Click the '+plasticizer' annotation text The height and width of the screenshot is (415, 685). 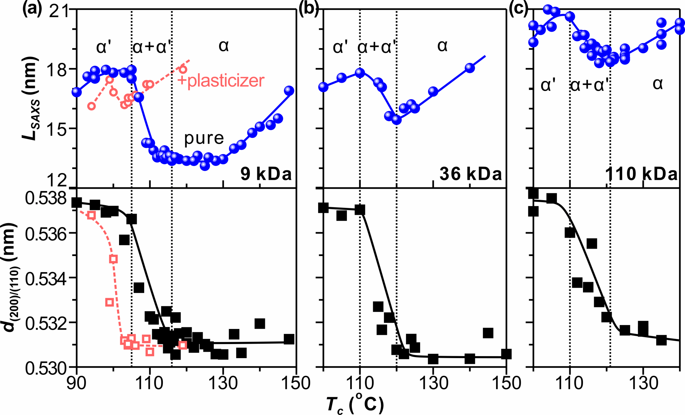click(221, 81)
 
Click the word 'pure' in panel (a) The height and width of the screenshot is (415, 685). click(204, 138)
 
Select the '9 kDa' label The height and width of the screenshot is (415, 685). click(266, 174)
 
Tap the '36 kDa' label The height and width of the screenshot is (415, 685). click(471, 174)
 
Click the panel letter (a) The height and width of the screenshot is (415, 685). click(32, 9)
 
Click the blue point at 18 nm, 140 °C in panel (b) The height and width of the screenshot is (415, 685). click(470, 68)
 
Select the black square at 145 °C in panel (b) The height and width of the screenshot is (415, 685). click(488, 333)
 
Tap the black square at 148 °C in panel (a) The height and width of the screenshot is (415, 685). click(289, 339)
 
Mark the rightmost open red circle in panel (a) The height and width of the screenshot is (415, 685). click(183, 70)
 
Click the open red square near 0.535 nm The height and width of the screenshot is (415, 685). click(113, 259)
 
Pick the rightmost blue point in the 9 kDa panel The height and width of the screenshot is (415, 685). click(289, 91)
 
